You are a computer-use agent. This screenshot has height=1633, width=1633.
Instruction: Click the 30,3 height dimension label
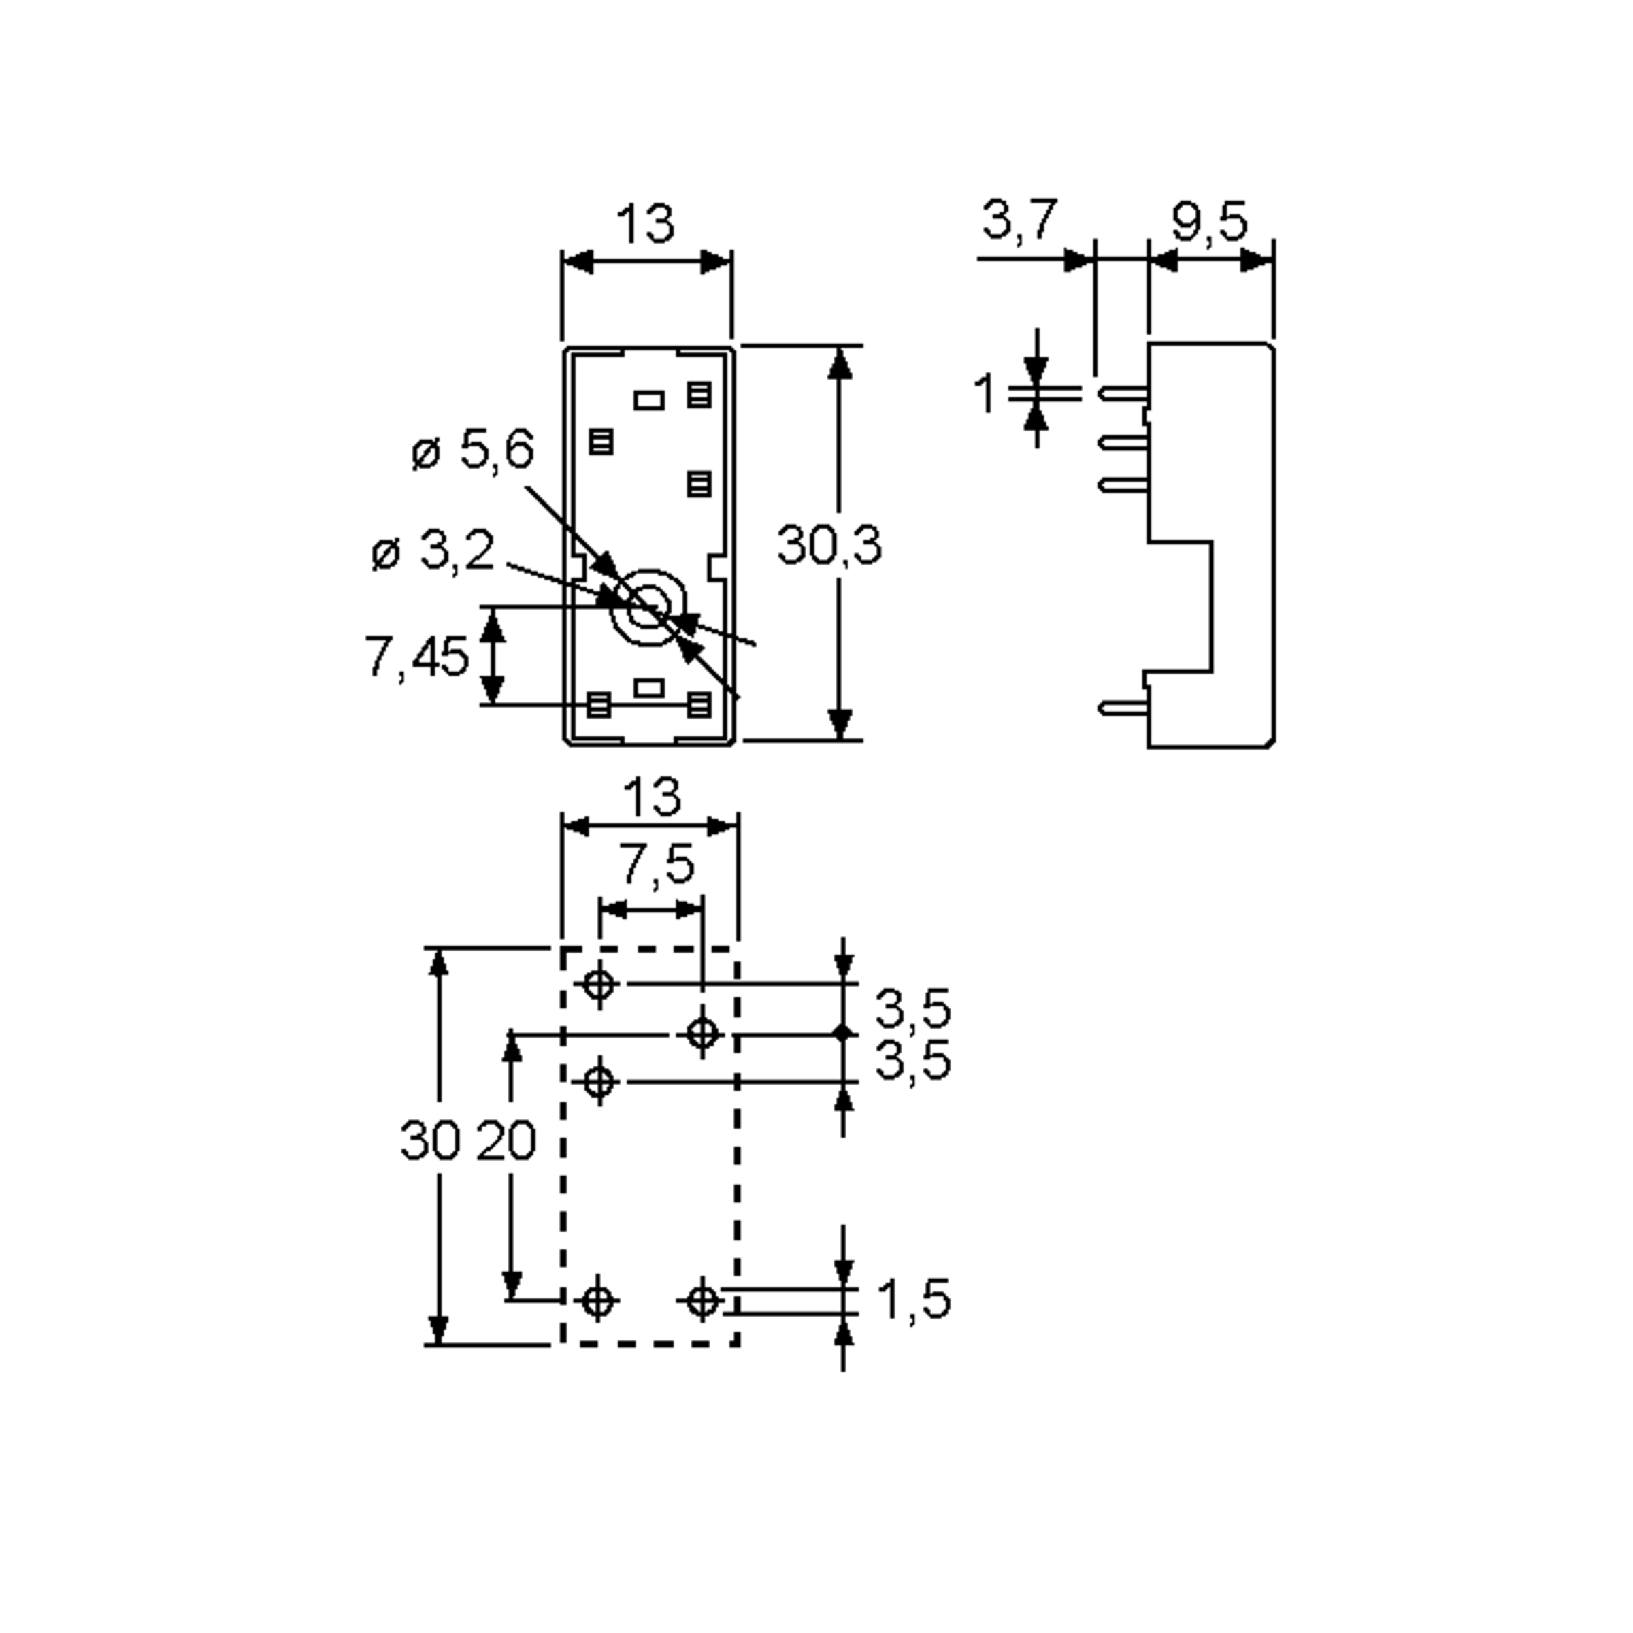pyautogui.click(x=829, y=545)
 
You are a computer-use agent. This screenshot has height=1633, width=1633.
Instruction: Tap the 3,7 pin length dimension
pyautogui.click(x=1019, y=220)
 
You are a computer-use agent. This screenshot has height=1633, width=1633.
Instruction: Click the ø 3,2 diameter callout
pyautogui.click(x=433, y=552)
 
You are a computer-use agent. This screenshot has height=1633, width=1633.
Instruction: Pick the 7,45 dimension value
pyautogui.click(x=416, y=657)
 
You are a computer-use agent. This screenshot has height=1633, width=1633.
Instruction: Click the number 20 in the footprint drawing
pyautogui.click(x=506, y=1140)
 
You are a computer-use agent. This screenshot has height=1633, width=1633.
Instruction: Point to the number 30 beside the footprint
pyautogui.click(x=430, y=1140)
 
